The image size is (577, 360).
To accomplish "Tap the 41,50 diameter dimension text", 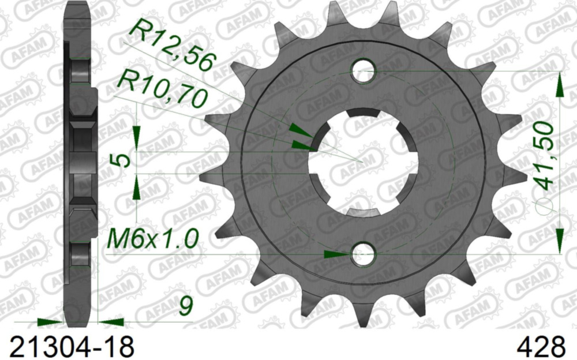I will tap(545, 156).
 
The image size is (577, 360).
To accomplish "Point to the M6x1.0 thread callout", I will tap(153, 237).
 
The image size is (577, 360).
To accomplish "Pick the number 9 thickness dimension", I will tap(185, 306).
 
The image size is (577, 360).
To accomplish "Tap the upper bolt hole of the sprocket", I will tap(364, 71).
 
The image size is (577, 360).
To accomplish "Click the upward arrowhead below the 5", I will tap(137, 188).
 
